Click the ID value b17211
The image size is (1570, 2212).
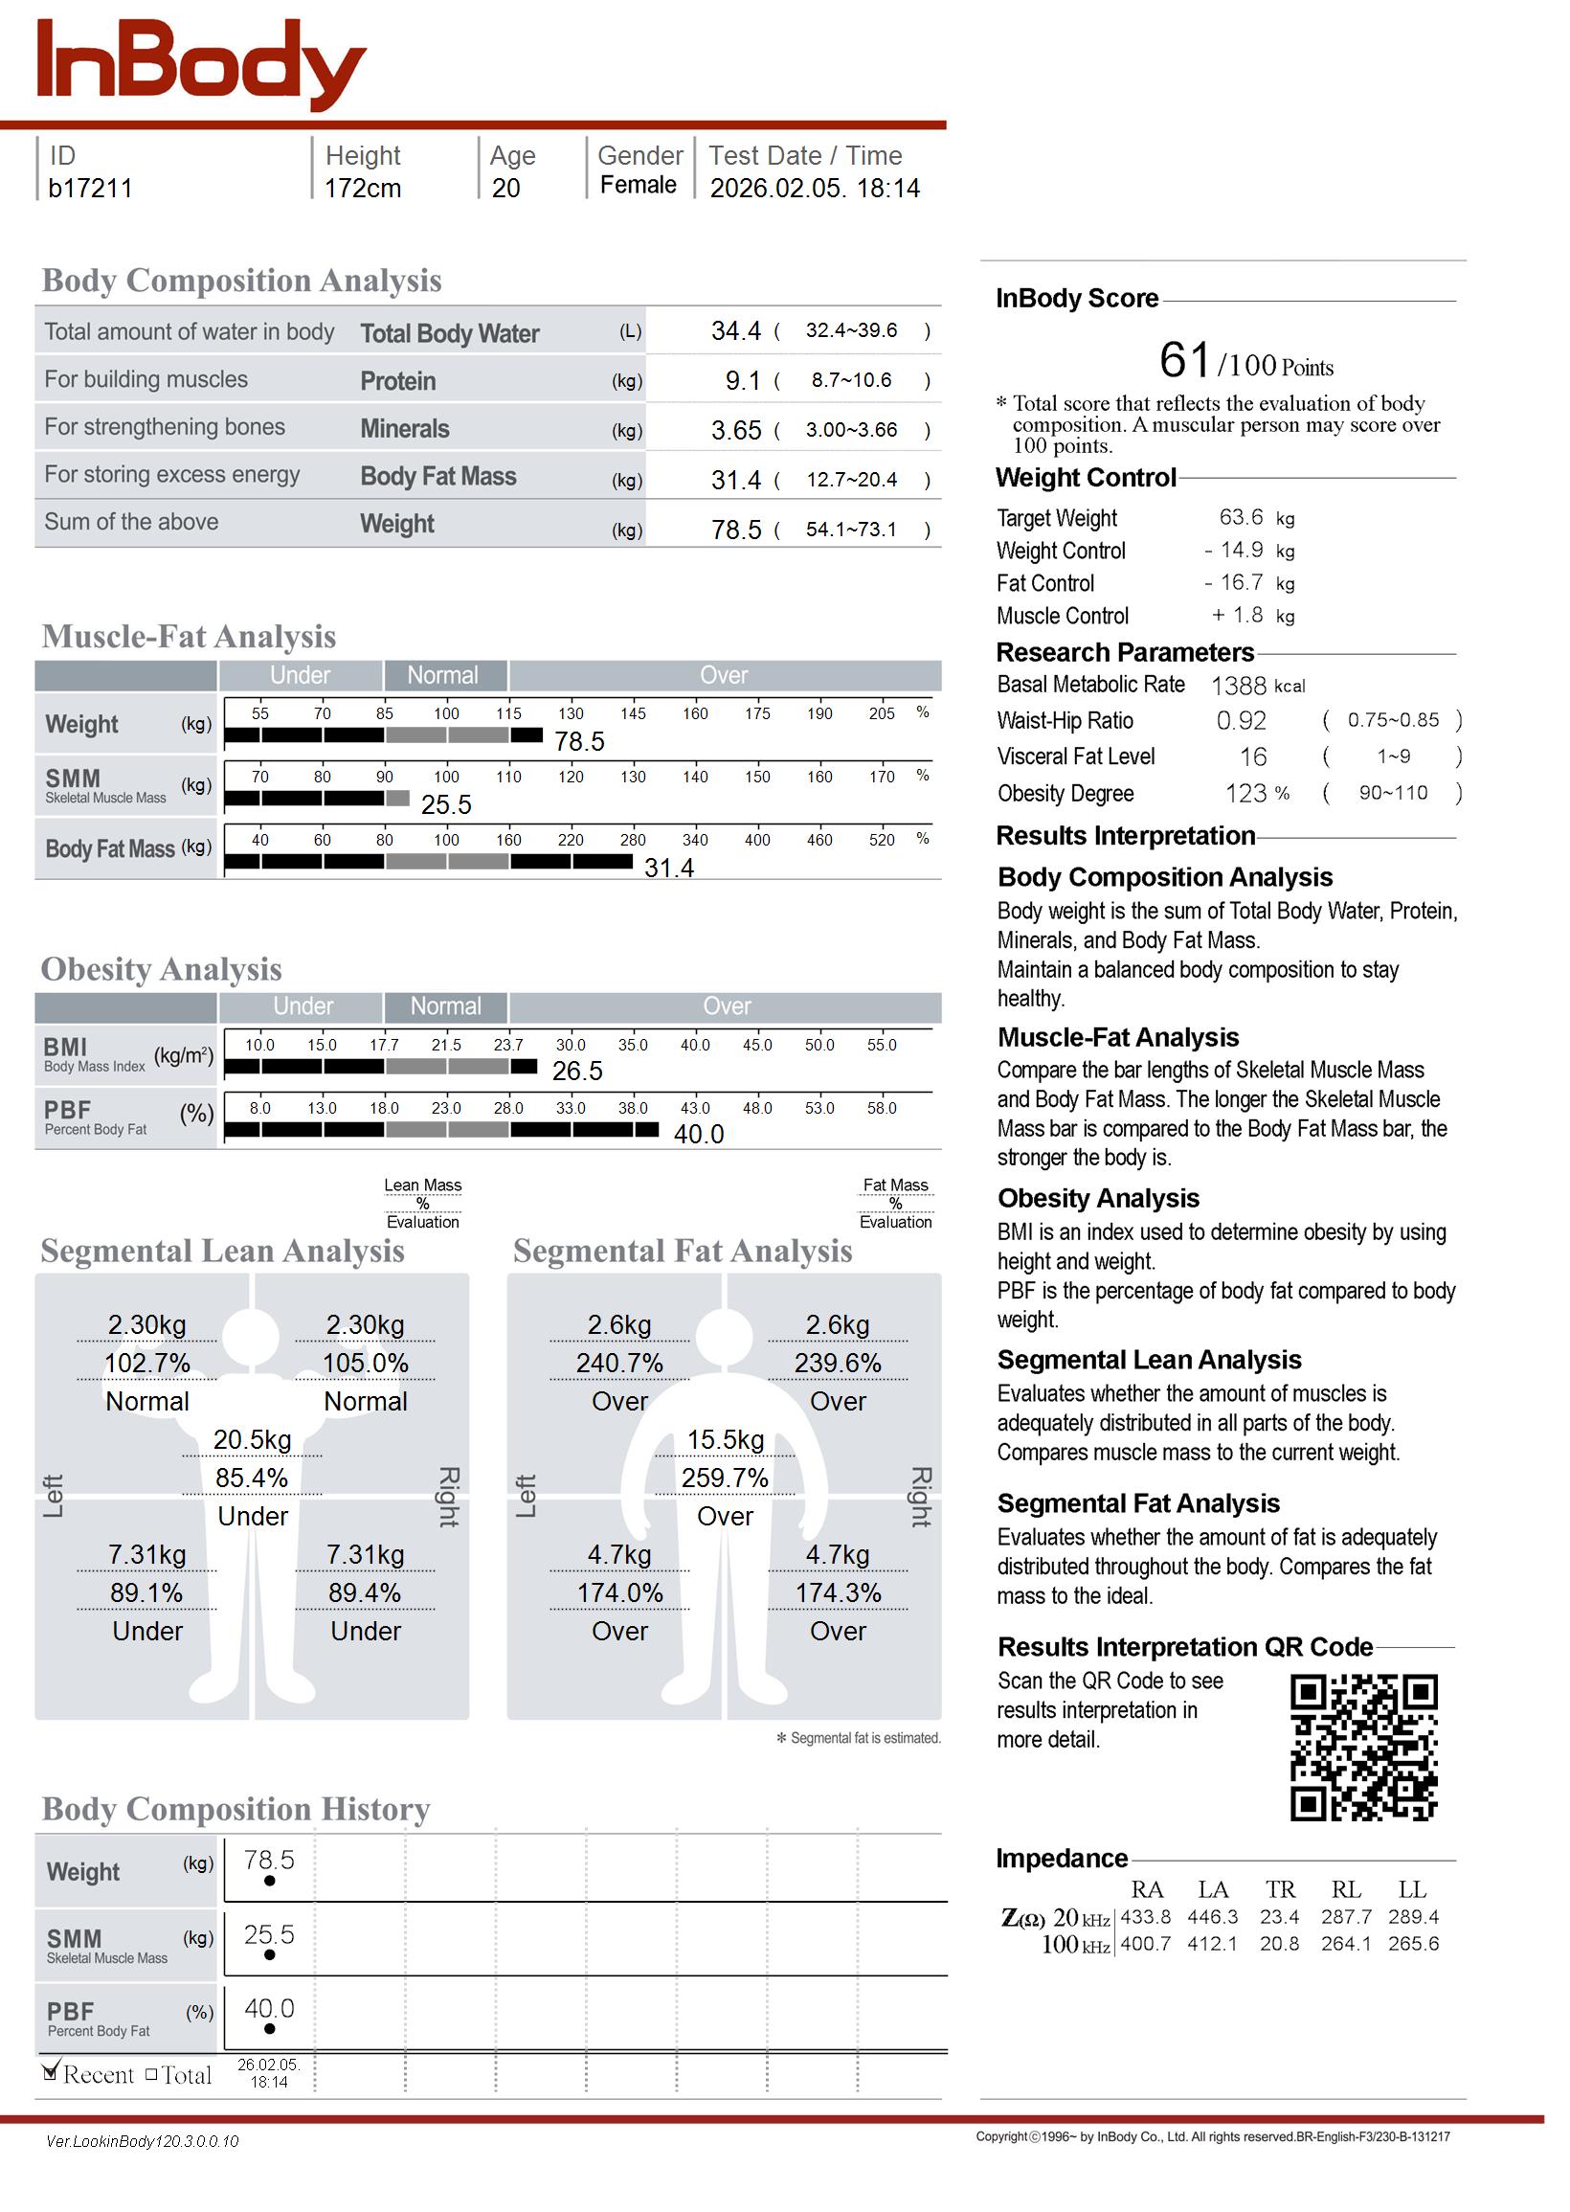tap(90, 189)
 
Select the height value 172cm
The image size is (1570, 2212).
tap(363, 189)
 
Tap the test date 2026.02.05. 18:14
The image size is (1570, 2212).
tap(814, 189)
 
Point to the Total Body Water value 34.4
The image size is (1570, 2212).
tap(735, 331)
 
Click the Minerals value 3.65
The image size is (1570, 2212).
tap(735, 430)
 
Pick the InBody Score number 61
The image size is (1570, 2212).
tap(1184, 361)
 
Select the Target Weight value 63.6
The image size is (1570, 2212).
tap(1241, 517)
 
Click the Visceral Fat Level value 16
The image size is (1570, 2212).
tap(1253, 757)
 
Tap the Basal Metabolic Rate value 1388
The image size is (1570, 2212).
tap(1239, 686)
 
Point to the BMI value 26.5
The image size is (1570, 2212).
tap(577, 1072)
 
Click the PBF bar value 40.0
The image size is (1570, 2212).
tap(698, 1134)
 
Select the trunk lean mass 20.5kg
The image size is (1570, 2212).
tap(253, 1439)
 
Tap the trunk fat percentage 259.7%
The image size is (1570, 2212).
tap(725, 1478)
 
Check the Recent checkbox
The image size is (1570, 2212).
tap(51, 2071)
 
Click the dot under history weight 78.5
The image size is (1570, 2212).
tap(270, 1881)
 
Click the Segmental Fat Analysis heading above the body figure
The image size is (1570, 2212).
tap(683, 1251)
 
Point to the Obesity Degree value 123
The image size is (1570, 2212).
tap(1246, 794)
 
